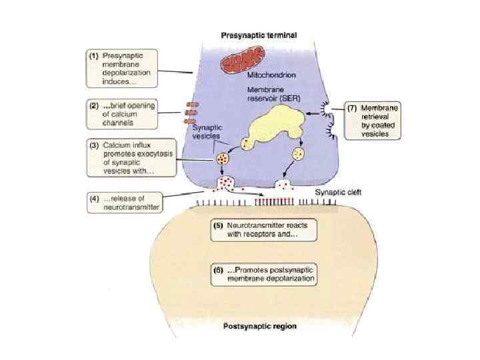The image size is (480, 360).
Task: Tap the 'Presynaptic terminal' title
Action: tap(259, 35)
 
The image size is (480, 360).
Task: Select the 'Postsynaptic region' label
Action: tap(259, 327)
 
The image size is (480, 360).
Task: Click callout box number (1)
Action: tap(125, 68)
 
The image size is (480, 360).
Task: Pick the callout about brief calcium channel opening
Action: tap(125, 113)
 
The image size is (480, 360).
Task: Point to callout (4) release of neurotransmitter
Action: tap(126, 202)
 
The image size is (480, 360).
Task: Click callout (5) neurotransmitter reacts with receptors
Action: tap(263, 231)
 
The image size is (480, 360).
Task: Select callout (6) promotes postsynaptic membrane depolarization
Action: tap(263, 273)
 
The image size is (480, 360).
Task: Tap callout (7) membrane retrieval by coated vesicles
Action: tap(373, 120)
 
